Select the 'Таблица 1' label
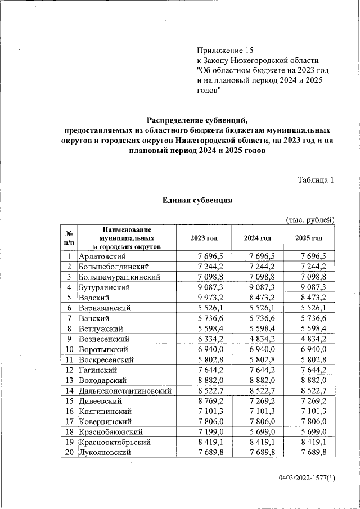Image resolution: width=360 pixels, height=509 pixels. coord(316,180)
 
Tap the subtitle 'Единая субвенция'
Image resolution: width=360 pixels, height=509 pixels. coord(197,200)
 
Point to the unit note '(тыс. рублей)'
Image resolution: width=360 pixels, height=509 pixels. coord(310,219)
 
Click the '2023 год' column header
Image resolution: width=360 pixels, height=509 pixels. coord(204,238)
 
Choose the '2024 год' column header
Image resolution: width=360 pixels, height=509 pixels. coord(257,238)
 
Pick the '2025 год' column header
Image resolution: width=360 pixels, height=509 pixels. coord(309,238)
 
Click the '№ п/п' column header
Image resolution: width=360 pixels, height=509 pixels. coord(69,238)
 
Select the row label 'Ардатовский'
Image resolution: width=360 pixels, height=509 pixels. coord(101,256)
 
